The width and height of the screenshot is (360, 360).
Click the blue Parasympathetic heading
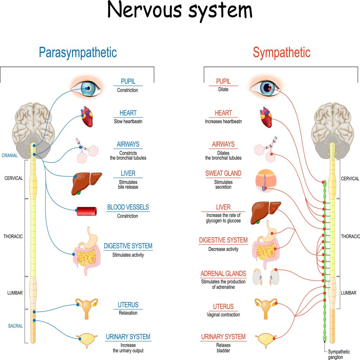[x=78, y=53]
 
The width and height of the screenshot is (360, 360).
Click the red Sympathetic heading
[x=282, y=53]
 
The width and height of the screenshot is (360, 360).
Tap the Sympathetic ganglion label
[x=339, y=354]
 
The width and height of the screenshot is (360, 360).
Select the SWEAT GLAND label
[x=223, y=173]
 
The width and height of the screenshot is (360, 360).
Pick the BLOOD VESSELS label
[x=128, y=207]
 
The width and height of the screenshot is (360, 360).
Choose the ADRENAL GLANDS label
[x=223, y=274]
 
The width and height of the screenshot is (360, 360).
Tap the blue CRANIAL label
[x=10, y=155]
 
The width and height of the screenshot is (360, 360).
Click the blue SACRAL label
[x=15, y=326]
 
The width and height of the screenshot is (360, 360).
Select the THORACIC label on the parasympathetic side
[x=13, y=236]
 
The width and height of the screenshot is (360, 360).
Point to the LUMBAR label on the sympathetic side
[x=348, y=293]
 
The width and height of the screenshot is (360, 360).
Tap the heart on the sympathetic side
[x=266, y=117]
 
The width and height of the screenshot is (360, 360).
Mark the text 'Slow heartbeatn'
[x=128, y=122]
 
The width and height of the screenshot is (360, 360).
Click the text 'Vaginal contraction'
[x=223, y=315]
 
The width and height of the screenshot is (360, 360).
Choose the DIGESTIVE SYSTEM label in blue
[x=128, y=246]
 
